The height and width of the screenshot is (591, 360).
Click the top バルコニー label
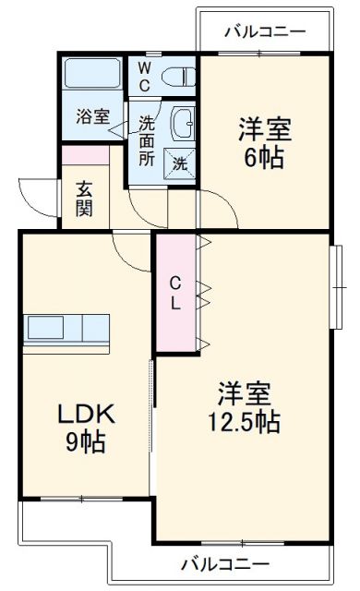click(264, 32)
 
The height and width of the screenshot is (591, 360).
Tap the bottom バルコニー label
click(225, 563)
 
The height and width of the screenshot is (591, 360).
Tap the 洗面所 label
click(147, 141)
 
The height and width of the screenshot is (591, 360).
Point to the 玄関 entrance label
click(84, 198)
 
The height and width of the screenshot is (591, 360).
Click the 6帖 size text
click(263, 158)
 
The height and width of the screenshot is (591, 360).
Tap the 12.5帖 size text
click(244, 422)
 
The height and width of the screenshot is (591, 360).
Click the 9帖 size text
click(85, 441)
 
